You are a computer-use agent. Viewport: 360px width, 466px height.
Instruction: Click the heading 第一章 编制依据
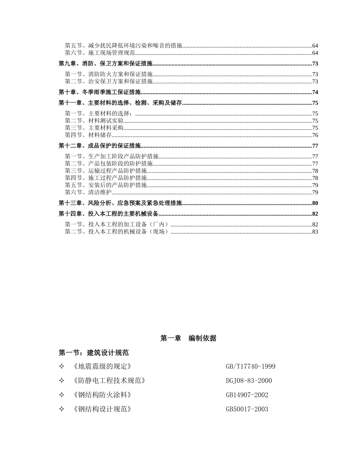pyautogui.click(x=188, y=338)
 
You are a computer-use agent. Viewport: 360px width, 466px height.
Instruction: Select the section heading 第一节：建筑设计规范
pyautogui.click(x=94, y=353)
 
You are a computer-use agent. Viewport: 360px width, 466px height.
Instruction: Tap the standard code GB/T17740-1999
pyautogui.click(x=250, y=366)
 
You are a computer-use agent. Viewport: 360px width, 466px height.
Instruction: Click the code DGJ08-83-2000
pyautogui.click(x=249, y=381)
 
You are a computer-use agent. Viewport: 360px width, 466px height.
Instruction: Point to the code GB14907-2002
pyautogui.click(x=247, y=395)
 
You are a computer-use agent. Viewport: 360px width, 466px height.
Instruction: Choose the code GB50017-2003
pyautogui.click(x=247, y=409)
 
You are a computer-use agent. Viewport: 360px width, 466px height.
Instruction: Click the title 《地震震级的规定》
pyautogui.click(x=101, y=366)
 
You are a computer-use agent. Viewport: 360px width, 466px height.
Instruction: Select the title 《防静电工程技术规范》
pyautogui.click(x=108, y=381)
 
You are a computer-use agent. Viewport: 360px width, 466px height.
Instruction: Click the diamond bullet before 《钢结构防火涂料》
pyautogui.click(x=62, y=395)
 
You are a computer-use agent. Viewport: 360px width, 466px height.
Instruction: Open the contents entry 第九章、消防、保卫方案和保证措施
pyautogui.click(x=105, y=64)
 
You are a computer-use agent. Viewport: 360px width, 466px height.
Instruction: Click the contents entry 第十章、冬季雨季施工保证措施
pyautogui.click(x=100, y=92)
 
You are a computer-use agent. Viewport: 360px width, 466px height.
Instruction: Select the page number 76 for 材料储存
pyautogui.click(x=315, y=135)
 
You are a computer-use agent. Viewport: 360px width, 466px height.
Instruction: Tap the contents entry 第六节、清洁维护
pyautogui.click(x=88, y=192)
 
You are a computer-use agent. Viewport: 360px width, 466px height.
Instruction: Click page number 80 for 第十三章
pyautogui.click(x=315, y=203)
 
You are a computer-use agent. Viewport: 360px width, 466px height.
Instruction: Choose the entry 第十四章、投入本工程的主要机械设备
pyautogui.click(x=108, y=214)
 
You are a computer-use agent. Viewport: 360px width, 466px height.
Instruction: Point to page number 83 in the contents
pyautogui.click(x=315, y=231)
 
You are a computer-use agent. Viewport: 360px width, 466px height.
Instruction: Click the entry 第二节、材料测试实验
pyautogui.click(x=94, y=121)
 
